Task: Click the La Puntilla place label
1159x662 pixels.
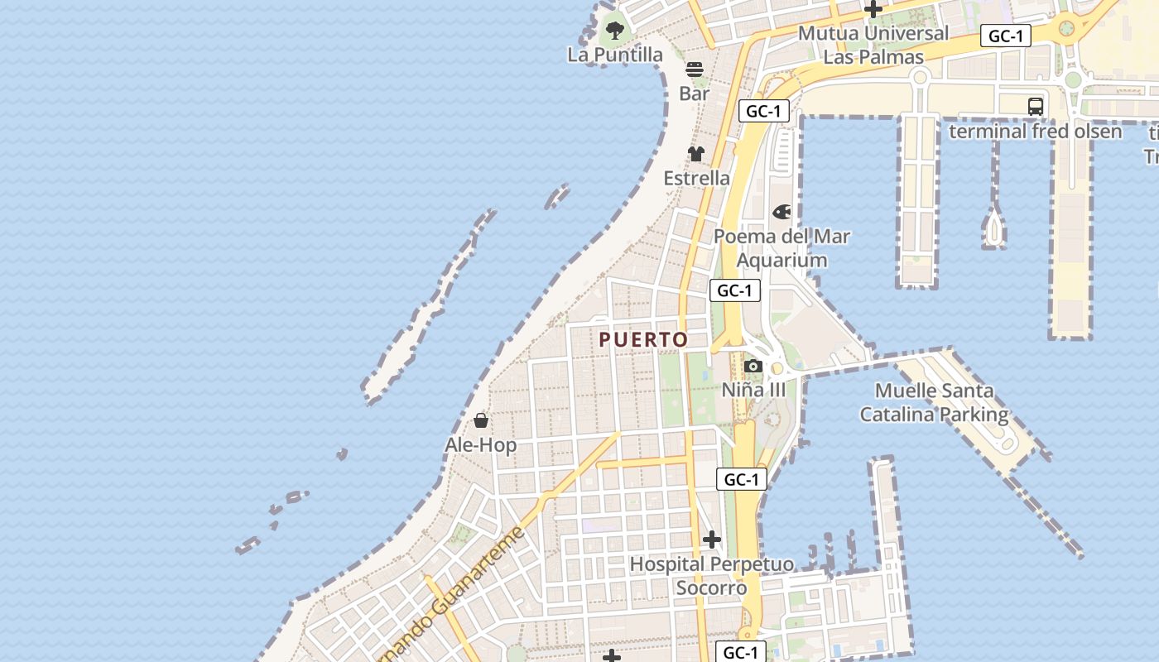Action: [x=615, y=55]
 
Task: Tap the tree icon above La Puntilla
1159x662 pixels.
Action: [x=614, y=31]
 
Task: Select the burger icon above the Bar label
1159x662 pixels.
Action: [x=695, y=69]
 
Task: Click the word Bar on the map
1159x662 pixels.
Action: [x=695, y=94]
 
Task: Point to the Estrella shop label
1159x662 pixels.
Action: [x=697, y=178]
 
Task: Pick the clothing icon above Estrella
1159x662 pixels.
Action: [x=696, y=154]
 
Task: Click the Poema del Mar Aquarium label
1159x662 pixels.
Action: [x=782, y=248]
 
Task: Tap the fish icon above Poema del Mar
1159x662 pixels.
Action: [x=781, y=213]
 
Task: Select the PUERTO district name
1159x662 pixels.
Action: [x=643, y=340]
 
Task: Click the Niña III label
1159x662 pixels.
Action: [x=753, y=389]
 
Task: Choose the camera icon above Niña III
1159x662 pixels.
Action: [x=753, y=366]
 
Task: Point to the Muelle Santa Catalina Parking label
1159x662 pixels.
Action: [x=935, y=402]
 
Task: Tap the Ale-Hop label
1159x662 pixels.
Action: [x=481, y=445]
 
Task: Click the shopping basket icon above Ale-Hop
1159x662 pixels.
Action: [x=481, y=421]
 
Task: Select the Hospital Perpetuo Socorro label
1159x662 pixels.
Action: [x=712, y=576]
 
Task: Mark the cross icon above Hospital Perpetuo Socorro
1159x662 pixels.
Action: [x=712, y=540]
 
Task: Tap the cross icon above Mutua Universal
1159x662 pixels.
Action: [x=873, y=10]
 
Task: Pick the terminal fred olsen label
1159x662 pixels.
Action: [x=1036, y=132]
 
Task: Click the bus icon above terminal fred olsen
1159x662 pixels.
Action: [x=1036, y=107]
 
